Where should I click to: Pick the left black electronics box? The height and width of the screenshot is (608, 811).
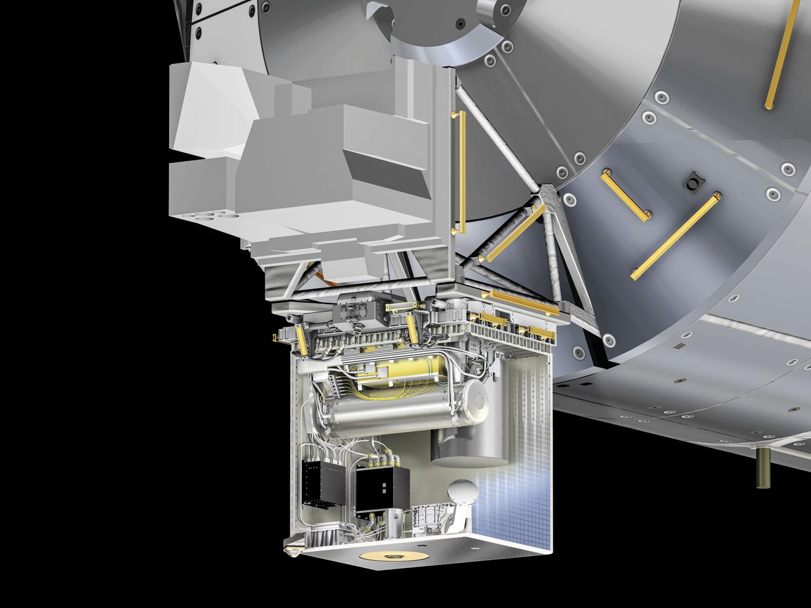pos(325,485)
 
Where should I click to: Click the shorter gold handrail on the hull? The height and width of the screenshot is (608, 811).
pos(625,195)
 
